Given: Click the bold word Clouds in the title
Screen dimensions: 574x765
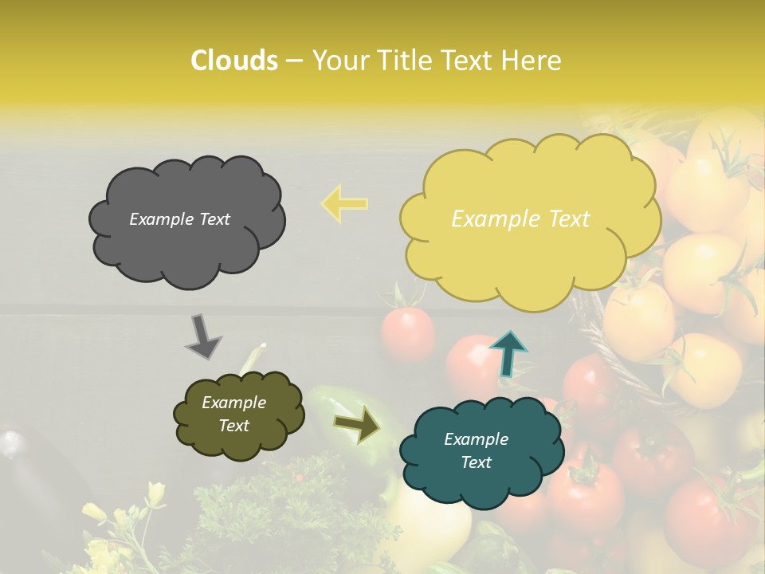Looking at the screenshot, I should click(x=233, y=61).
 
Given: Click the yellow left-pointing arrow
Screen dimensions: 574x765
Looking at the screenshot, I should click(x=345, y=203).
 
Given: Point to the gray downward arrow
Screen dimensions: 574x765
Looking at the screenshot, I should click(x=202, y=337).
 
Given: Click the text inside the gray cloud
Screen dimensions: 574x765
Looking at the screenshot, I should click(x=179, y=219).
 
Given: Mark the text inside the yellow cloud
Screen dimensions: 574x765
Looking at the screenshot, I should click(x=520, y=219).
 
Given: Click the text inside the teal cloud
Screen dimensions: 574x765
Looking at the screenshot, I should click(x=476, y=450).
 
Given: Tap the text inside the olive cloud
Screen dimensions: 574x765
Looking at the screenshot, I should click(x=233, y=414).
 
